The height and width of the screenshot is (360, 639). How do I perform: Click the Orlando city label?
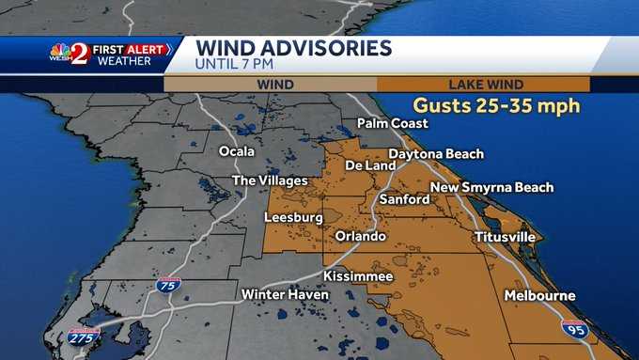point(360,236)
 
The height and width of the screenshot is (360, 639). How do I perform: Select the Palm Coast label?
point(393,123)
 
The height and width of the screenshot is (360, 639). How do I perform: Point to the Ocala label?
point(237,151)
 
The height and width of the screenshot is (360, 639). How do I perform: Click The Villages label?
point(271,180)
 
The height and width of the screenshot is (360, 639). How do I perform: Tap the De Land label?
point(365,166)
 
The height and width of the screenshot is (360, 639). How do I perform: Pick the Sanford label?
point(404,199)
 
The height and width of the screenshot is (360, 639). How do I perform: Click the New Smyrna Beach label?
point(491,187)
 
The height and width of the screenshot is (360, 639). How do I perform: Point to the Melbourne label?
point(539,295)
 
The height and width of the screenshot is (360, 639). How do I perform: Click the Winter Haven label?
point(286,295)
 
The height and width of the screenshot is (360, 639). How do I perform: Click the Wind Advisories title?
point(293,47)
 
